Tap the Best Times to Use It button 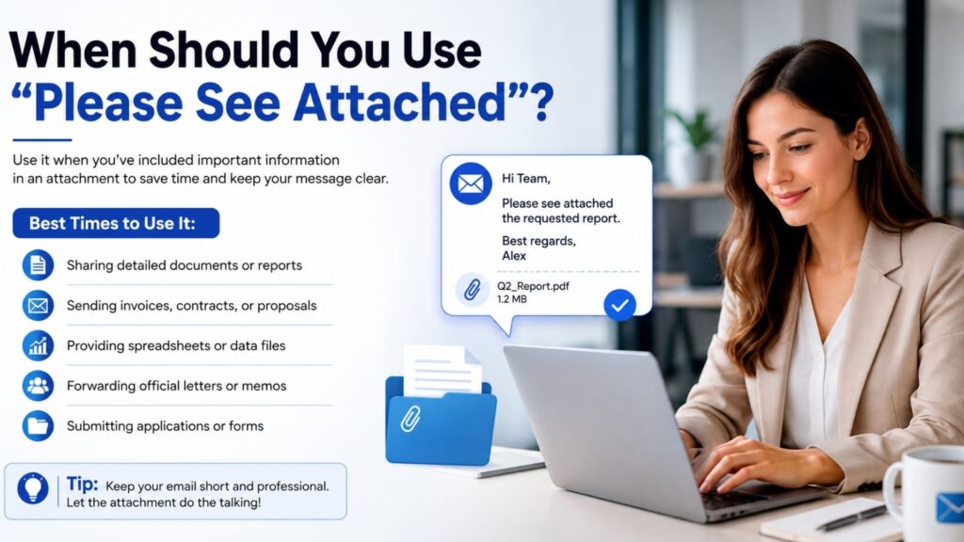(116, 223)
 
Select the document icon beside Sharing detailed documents (38, 265)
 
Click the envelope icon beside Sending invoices (38, 306)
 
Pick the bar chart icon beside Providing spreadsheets (38, 345)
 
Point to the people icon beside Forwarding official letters (38, 386)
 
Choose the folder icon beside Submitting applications (38, 426)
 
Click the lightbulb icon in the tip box (33, 488)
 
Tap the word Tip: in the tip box (83, 484)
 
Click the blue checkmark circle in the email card (619, 305)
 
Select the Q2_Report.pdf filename (533, 286)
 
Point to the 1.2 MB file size (511, 299)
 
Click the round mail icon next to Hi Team (471, 183)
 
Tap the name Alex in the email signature (514, 256)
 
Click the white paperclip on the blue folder (410, 419)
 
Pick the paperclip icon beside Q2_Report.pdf (473, 290)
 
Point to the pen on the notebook (851, 518)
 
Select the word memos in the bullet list (264, 386)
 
